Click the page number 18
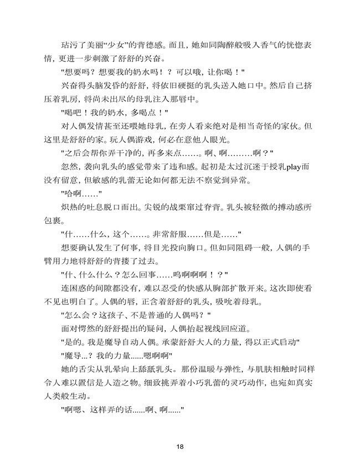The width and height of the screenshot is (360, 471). pyautogui.click(x=180, y=446)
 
